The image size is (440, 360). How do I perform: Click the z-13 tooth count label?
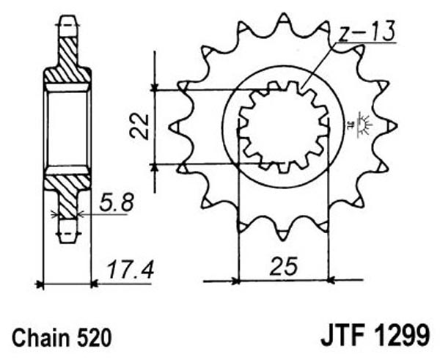coord(366,31)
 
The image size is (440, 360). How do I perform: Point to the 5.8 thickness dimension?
coord(117,202)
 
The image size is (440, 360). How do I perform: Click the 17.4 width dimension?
coord(131,269)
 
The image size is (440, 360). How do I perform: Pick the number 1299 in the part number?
coord(401,335)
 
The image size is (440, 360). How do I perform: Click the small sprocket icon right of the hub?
coord(364,125)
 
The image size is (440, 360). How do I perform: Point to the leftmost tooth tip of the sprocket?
coord(170,127)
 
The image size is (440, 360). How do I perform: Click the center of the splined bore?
coord(283,127)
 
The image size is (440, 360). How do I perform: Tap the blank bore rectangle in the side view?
coord(67,128)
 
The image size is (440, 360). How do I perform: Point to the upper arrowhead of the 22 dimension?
coord(155,88)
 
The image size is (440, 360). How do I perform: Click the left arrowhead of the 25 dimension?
coord(235,280)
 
